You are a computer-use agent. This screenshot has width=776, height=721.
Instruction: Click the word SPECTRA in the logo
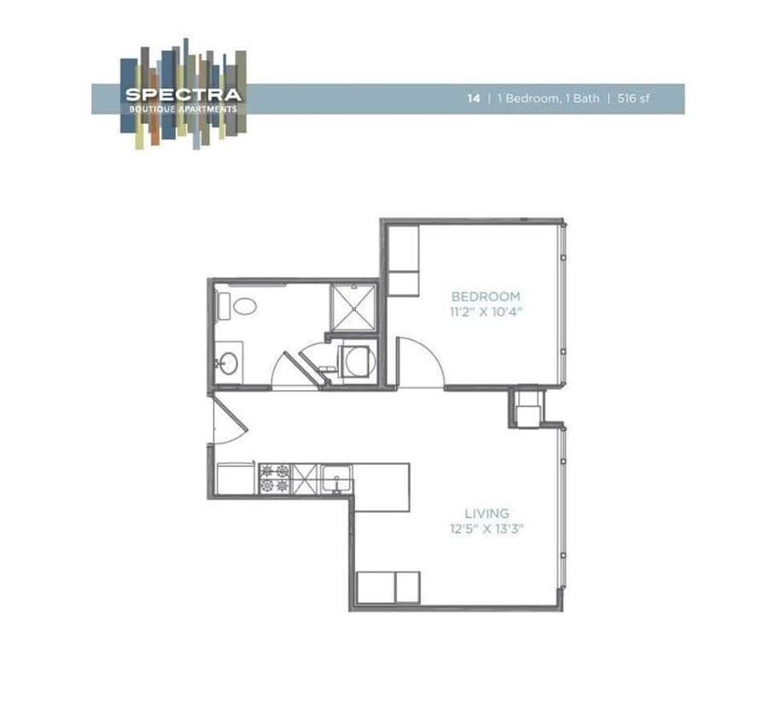click(183, 96)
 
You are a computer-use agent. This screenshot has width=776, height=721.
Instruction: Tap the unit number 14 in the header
click(473, 98)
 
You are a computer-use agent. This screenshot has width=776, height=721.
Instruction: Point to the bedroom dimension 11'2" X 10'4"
click(486, 312)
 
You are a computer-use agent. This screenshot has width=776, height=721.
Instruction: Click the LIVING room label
click(487, 513)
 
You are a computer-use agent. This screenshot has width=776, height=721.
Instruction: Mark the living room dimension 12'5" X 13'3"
click(487, 529)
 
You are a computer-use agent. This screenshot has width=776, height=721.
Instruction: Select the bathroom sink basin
click(229, 363)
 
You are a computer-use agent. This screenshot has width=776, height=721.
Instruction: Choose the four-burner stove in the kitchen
click(275, 479)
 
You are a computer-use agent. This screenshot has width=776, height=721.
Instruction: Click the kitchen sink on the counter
click(335, 479)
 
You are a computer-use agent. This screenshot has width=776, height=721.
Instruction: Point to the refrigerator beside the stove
click(235, 478)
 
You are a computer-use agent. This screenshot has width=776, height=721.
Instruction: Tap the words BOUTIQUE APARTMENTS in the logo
click(183, 108)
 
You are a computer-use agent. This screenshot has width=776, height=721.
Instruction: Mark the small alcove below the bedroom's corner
click(528, 407)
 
